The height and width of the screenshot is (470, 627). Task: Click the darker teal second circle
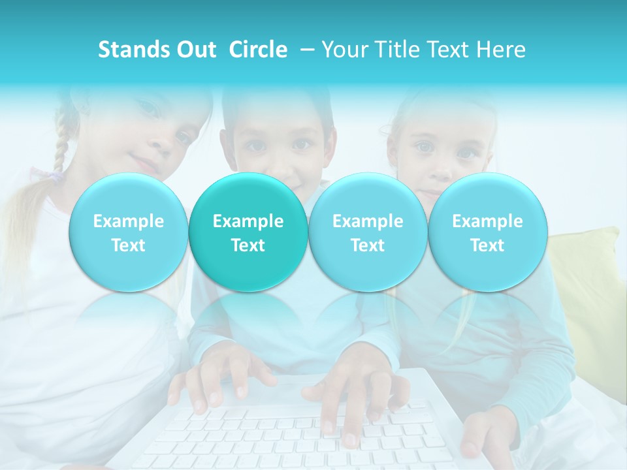tap(248, 232)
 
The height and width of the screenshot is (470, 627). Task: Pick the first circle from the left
tap(128, 232)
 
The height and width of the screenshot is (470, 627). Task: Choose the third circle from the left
tap(368, 232)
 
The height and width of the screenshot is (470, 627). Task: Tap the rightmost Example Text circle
tap(487, 232)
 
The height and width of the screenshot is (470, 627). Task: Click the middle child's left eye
tap(256, 145)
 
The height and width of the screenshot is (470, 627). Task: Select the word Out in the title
tap(197, 50)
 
